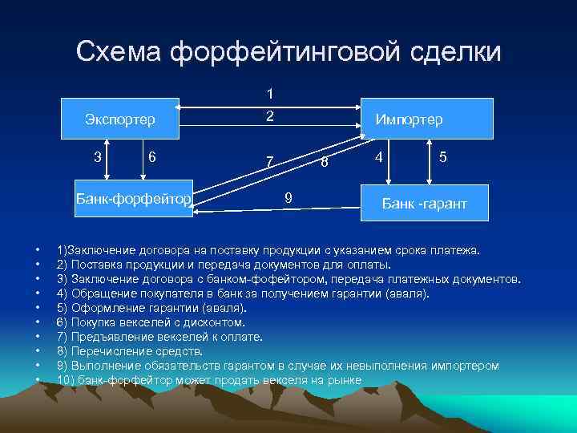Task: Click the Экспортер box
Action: click(119, 119)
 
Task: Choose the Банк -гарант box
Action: click(424, 205)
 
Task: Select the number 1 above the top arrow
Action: click(270, 93)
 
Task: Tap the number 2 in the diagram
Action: click(270, 116)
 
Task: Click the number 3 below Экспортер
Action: click(98, 156)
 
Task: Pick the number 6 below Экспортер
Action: click(151, 156)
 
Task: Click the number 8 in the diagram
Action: click(324, 164)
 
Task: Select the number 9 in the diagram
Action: click(288, 196)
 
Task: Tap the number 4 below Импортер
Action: click(381, 156)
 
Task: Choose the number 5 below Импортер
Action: click(443, 157)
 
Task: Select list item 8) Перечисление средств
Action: click(130, 351)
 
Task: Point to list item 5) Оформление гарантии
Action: click(152, 308)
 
